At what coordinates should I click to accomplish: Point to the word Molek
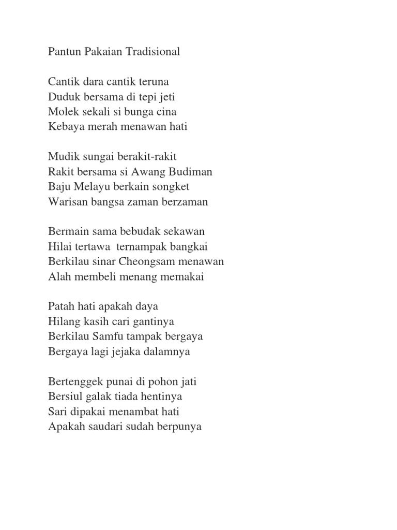coord(62,112)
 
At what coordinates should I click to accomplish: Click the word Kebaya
coord(65,127)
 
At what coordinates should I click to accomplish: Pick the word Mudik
coord(62,157)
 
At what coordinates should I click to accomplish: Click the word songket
coord(176,187)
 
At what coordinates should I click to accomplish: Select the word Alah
coord(58,277)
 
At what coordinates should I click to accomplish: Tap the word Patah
coord(60,307)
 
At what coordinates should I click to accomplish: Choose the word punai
coord(115,382)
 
